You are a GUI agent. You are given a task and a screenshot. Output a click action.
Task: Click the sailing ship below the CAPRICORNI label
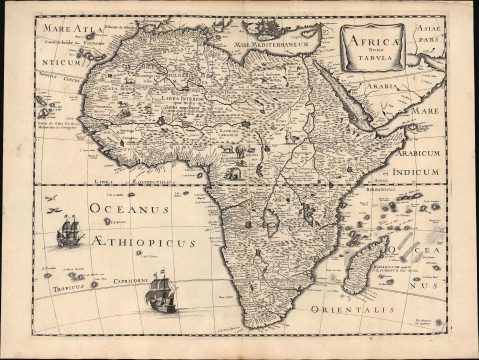159,296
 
